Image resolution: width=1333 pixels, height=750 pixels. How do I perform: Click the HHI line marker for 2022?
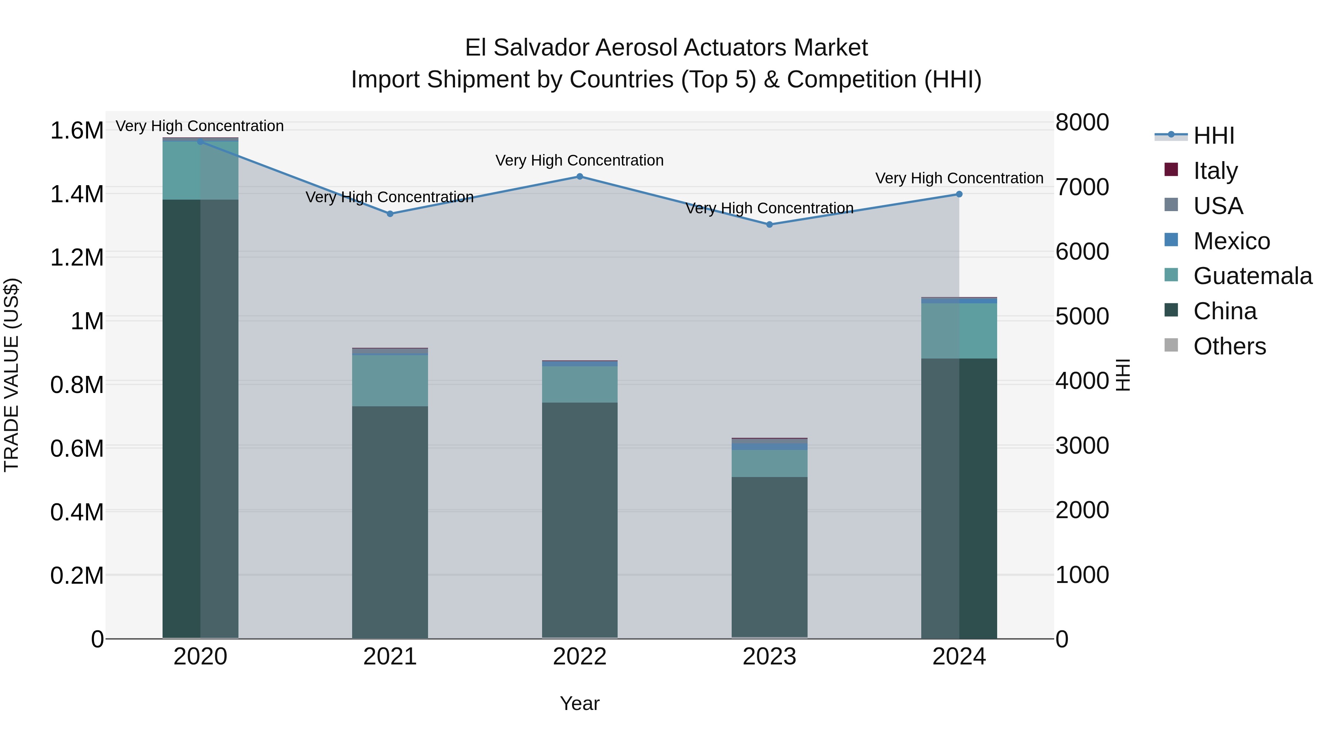(x=579, y=177)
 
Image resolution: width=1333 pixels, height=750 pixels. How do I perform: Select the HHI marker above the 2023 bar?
(x=769, y=225)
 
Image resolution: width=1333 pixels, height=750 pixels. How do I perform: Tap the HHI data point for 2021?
(x=390, y=214)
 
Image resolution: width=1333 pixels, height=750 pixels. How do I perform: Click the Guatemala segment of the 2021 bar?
(x=390, y=380)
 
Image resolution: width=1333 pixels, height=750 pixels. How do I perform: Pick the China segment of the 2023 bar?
(x=769, y=556)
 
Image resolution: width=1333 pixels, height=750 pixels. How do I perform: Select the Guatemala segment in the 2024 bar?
(x=959, y=331)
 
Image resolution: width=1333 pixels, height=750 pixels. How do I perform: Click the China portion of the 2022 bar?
(x=579, y=520)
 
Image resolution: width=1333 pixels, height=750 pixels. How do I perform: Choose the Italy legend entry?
(x=1215, y=171)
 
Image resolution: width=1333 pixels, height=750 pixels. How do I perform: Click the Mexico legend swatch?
(x=1171, y=240)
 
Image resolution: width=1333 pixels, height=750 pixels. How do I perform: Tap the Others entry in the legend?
(x=1229, y=346)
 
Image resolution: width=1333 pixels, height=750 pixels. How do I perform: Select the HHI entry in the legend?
(x=1213, y=136)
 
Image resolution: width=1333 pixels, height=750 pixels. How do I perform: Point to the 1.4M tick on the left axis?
(x=77, y=194)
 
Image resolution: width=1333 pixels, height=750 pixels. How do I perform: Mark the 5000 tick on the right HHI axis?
(x=1082, y=316)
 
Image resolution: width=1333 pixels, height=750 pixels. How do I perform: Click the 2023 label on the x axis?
(x=769, y=657)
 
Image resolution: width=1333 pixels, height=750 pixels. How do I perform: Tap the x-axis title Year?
(x=579, y=703)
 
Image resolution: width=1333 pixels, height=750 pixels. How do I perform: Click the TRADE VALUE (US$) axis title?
(x=11, y=375)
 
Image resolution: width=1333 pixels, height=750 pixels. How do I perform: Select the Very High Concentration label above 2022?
(x=579, y=160)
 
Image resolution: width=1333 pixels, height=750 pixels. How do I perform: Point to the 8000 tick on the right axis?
(x=1082, y=123)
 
